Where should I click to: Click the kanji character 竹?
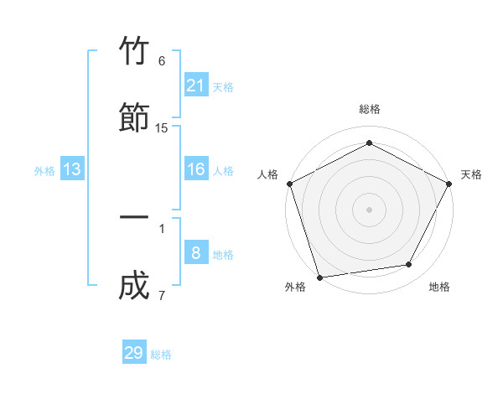135,52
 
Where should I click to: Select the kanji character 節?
135,117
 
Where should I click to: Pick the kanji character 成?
135,284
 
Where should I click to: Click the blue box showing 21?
195,86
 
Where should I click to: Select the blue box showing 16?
195,169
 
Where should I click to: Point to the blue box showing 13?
72,169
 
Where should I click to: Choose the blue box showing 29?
134,353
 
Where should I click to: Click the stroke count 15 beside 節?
162,127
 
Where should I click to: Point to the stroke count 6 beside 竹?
162,61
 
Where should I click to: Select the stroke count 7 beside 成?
162,295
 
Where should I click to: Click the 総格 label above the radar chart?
369,109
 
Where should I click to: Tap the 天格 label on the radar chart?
471,174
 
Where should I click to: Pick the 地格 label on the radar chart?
439,287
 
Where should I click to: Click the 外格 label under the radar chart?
295,287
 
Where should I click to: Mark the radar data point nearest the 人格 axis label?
289,184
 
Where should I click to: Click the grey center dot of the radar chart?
369,209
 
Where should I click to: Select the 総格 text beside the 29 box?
161,355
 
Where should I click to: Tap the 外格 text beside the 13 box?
44,171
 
